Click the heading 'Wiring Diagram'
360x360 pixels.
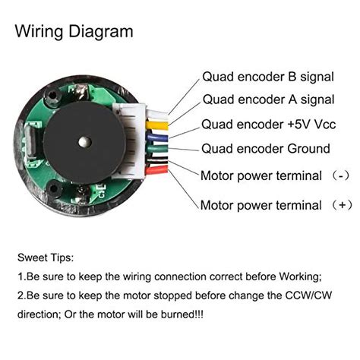click(74, 32)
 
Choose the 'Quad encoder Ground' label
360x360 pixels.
click(265, 149)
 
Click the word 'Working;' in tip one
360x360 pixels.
click(298, 276)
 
